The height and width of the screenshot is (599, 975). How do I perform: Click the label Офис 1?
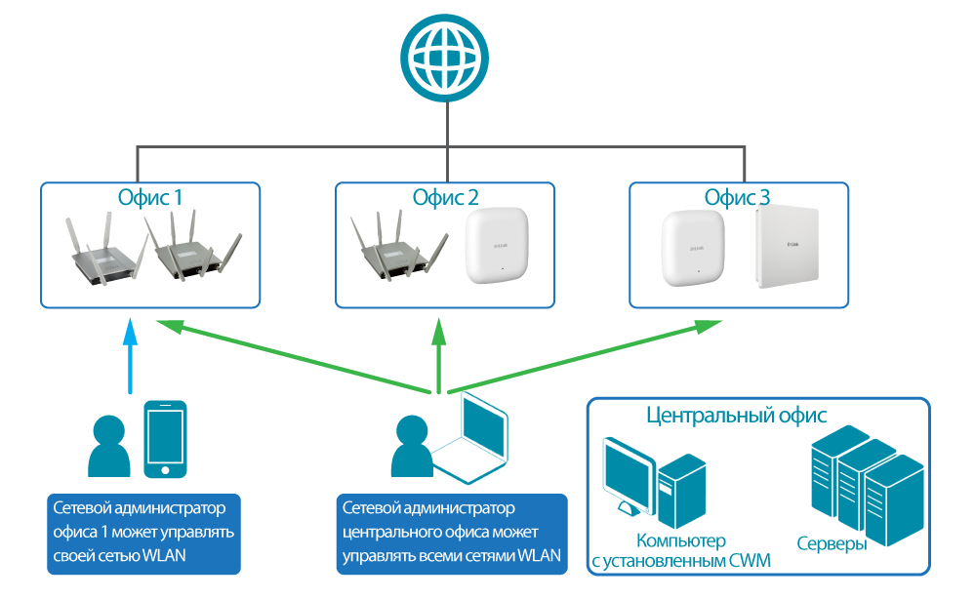151,198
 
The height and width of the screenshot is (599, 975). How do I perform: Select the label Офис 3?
738,198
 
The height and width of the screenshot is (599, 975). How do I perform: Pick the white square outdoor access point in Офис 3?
786,250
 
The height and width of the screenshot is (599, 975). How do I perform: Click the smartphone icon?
166,440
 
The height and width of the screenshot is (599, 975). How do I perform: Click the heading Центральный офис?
737,415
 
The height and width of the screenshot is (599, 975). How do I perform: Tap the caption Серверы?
832,543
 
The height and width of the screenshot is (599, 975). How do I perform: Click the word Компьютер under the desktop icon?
681,541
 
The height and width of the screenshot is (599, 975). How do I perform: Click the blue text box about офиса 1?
143,533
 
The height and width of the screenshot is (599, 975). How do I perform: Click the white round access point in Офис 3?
691,249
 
